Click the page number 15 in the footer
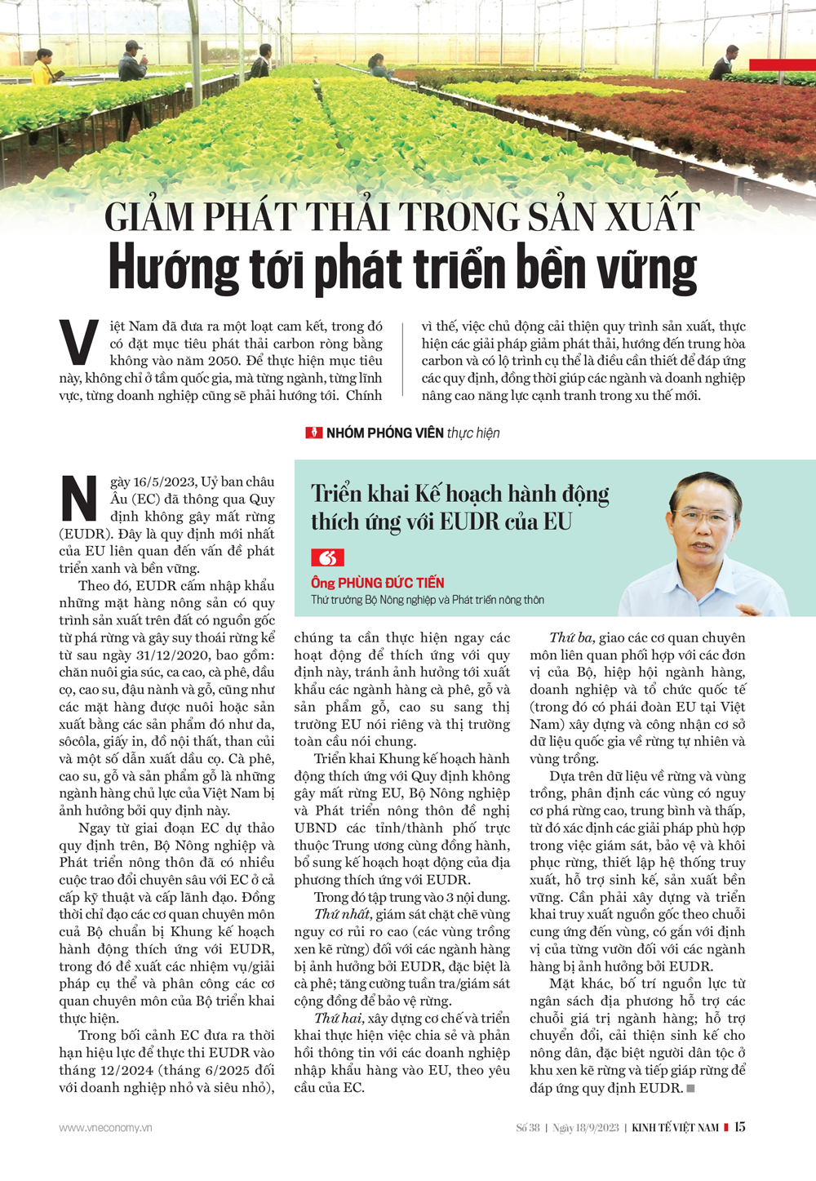click(x=739, y=1127)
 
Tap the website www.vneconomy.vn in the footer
click(x=105, y=1128)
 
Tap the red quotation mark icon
click(x=327, y=558)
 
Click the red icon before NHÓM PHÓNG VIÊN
click(x=313, y=433)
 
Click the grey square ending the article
click(x=691, y=1089)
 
